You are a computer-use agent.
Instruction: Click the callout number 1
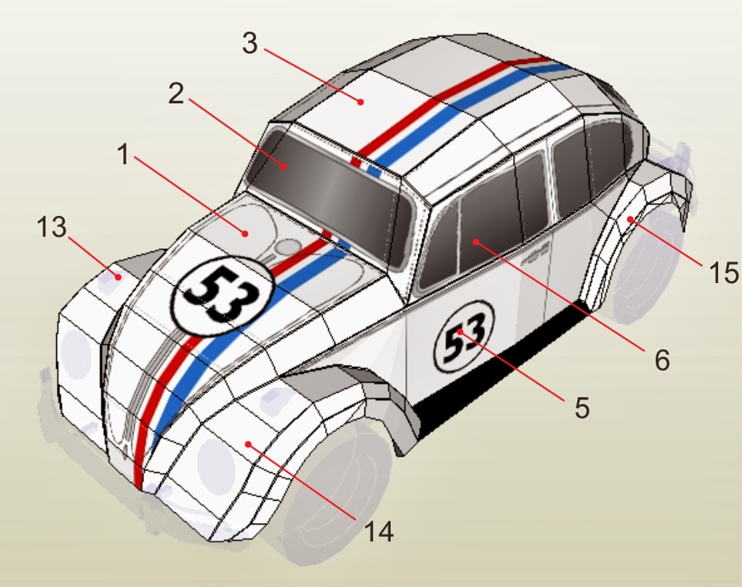(123, 157)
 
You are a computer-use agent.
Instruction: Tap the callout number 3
(249, 43)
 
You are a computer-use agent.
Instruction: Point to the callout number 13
(52, 229)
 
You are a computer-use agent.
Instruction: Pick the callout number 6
(663, 359)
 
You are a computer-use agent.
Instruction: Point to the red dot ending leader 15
(630, 220)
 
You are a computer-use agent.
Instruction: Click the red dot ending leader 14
(247, 443)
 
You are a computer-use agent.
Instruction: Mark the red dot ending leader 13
(119, 275)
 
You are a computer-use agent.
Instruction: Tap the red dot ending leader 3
(360, 100)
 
